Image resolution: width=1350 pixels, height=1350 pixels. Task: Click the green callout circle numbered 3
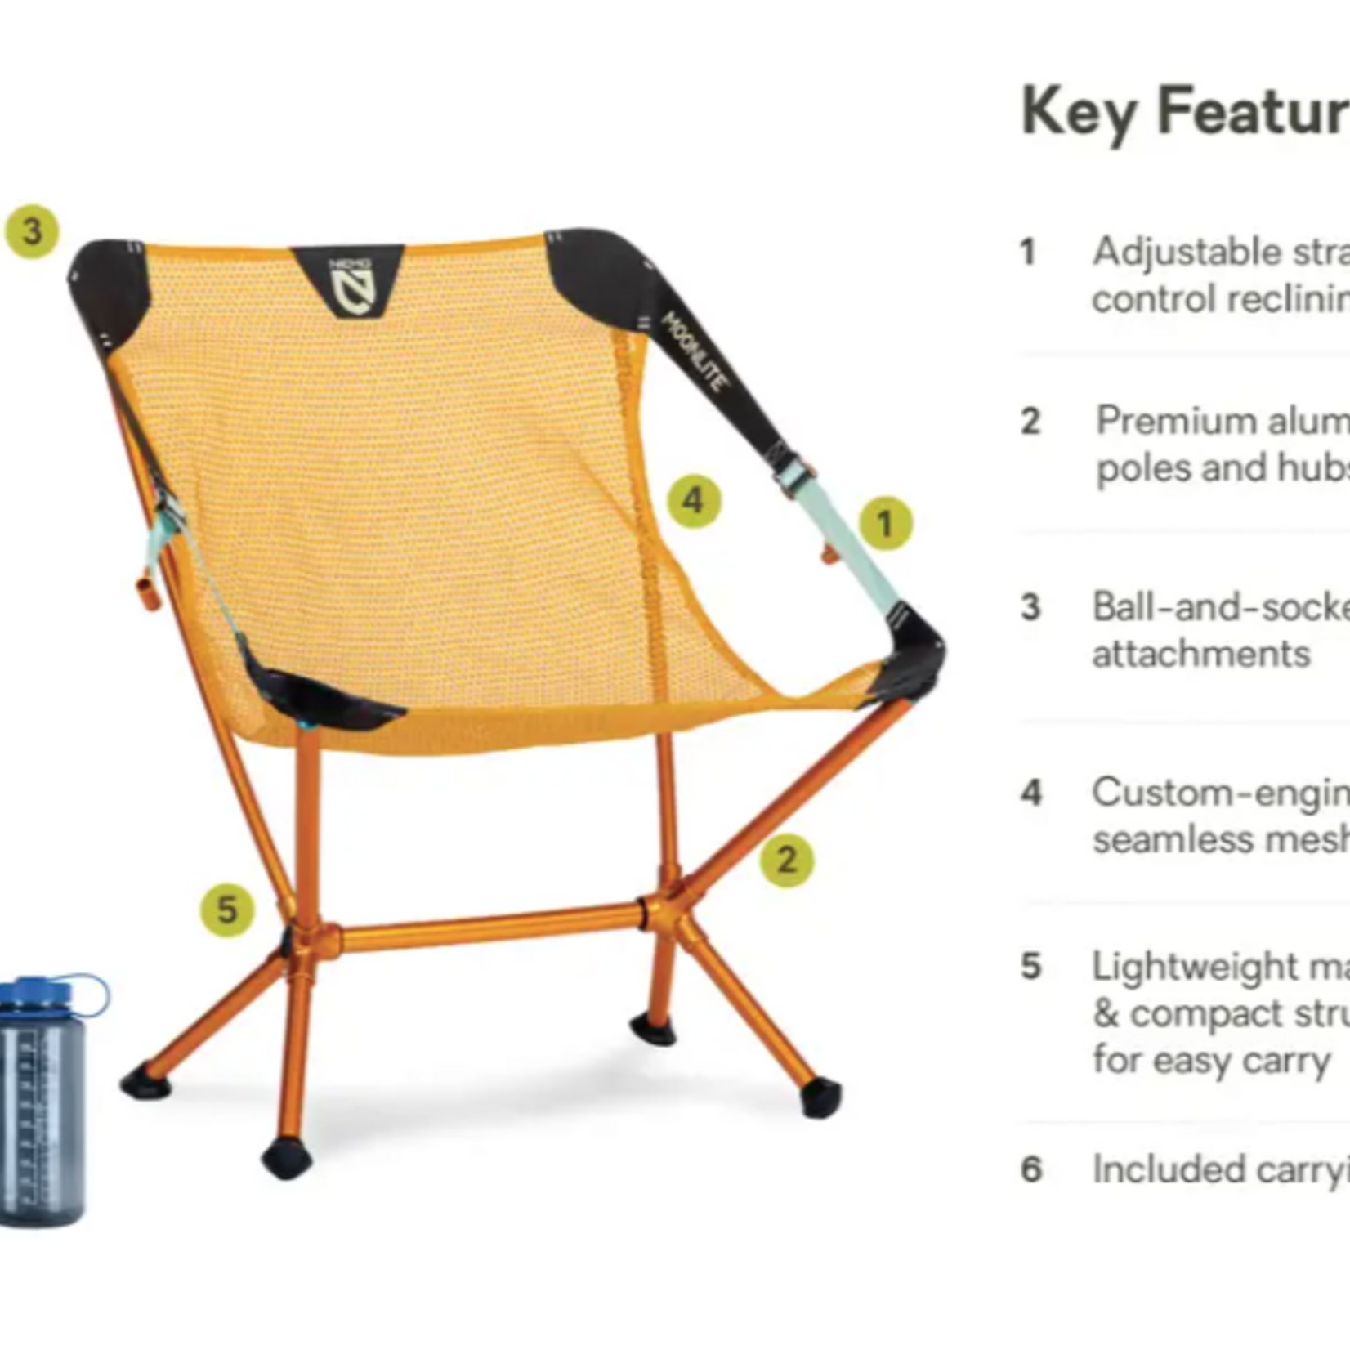pyautogui.click(x=32, y=231)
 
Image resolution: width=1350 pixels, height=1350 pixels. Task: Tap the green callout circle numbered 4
pyautogui.click(x=694, y=500)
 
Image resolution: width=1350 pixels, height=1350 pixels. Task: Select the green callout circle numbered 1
pyautogui.click(x=885, y=523)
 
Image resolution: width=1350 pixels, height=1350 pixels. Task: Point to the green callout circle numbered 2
pyautogui.click(x=786, y=860)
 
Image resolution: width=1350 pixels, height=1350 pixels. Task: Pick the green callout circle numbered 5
pyautogui.click(x=227, y=910)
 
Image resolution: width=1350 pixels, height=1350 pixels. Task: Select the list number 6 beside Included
pyautogui.click(x=1031, y=1169)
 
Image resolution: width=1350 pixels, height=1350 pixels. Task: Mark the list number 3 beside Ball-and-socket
pyautogui.click(x=1031, y=607)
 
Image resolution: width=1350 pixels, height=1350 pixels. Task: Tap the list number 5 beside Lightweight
pyautogui.click(x=1031, y=967)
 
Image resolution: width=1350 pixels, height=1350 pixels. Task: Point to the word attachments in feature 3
pyautogui.click(x=1201, y=654)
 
